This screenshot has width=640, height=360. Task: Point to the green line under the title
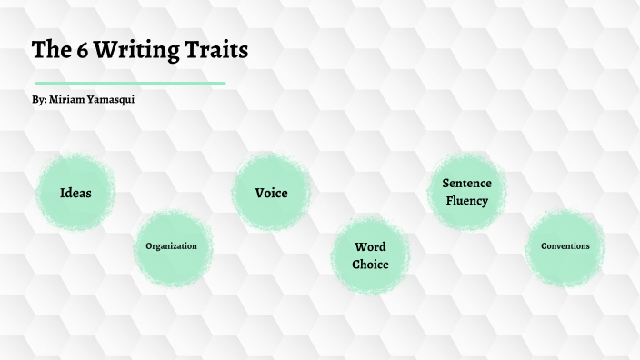point(129,84)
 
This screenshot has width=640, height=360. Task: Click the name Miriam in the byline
point(70,99)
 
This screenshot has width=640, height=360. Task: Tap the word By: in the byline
point(39,99)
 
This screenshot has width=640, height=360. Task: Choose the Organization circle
point(171,246)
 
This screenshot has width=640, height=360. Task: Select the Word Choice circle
point(370,255)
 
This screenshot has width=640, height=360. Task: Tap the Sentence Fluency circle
point(466,192)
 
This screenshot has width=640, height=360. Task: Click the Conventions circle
point(565,246)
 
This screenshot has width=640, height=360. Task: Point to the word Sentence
point(466,184)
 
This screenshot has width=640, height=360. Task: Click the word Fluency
point(466,201)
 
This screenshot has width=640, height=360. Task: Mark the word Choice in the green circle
point(370,265)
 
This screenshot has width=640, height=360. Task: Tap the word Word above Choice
point(370,246)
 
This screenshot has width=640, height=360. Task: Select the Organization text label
point(171,246)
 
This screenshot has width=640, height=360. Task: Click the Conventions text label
point(565,246)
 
